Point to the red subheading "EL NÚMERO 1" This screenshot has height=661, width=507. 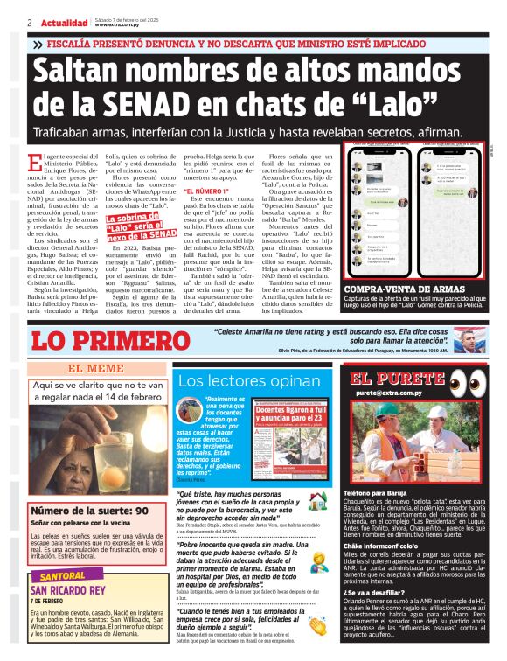pyautogui.click(x=206, y=191)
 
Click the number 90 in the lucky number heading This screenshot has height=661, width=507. pyautogui.click(x=142, y=510)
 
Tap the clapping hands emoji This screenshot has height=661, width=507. pyautogui.click(x=316, y=626)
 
